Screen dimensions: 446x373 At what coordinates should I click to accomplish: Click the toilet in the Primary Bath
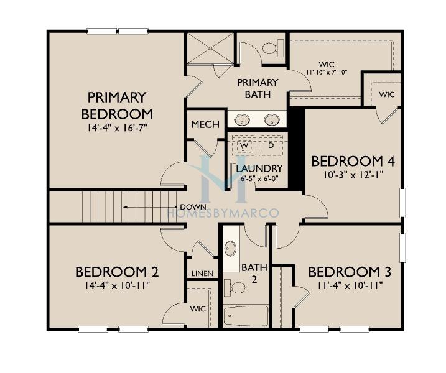273,48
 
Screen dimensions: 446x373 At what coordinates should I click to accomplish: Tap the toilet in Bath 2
235,288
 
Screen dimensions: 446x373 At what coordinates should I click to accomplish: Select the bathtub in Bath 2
246,316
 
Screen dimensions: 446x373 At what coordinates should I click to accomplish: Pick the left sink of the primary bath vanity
242,119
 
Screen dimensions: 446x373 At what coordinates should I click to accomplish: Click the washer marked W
244,145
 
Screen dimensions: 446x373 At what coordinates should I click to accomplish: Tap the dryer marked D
271,145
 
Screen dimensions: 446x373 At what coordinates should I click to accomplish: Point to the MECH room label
205,124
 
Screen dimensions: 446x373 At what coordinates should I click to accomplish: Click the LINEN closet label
202,274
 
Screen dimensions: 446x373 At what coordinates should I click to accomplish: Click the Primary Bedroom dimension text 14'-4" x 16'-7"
117,127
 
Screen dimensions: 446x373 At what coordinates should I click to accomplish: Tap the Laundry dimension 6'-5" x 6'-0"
259,179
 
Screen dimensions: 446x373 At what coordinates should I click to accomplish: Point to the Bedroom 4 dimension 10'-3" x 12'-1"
353,175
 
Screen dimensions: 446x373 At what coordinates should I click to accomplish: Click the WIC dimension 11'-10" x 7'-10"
327,72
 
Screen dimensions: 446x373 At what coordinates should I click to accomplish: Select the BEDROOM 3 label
350,272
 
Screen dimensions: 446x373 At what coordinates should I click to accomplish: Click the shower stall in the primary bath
210,48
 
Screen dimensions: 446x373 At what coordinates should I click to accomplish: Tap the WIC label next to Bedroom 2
198,308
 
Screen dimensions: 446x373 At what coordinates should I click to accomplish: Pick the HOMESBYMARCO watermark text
223,213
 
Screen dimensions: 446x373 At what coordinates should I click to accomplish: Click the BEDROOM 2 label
117,272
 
